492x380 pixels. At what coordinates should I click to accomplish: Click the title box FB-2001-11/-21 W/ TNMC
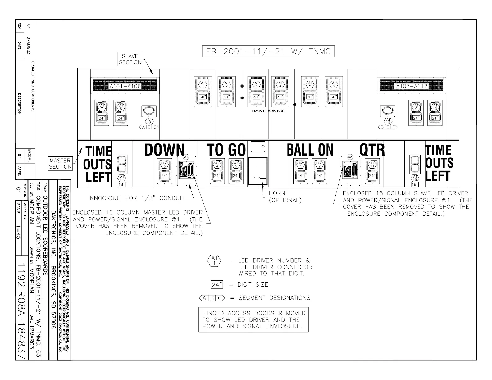[x=268, y=52]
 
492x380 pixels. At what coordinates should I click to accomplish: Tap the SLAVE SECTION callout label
[x=130, y=59]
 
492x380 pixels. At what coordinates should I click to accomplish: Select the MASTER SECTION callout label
[x=60, y=164]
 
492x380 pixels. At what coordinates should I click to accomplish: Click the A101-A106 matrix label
[x=125, y=86]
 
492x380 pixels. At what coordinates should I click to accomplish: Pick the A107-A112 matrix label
[x=411, y=86]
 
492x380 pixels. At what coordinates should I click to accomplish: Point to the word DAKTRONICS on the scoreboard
[x=268, y=111]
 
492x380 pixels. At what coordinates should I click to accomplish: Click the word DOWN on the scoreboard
[x=164, y=150]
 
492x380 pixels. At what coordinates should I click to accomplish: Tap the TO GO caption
[x=226, y=150]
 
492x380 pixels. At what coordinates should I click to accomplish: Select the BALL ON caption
[x=310, y=150]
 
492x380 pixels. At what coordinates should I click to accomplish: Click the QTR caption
[x=372, y=150]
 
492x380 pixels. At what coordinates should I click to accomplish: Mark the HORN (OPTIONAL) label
[x=285, y=197]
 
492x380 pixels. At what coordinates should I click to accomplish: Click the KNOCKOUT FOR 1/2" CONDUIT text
[x=137, y=198]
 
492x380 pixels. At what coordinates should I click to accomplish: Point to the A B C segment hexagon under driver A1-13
[x=149, y=127]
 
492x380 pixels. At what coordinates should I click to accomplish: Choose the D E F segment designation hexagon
[x=388, y=127]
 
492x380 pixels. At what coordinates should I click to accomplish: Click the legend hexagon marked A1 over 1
[x=214, y=260]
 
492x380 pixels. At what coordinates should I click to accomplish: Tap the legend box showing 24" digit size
[x=217, y=284]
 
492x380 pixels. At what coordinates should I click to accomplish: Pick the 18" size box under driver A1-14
[x=121, y=184]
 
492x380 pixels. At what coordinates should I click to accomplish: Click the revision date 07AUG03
[x=29, y=46]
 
